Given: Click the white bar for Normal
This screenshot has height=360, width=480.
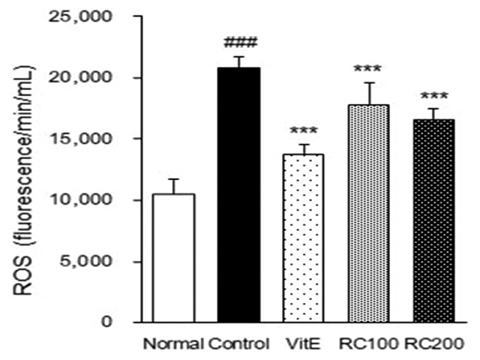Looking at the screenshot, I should pyautogui.click(x=173, y=258).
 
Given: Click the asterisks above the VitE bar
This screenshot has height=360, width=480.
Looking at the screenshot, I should pyautogui.click(x=302, y=131).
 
